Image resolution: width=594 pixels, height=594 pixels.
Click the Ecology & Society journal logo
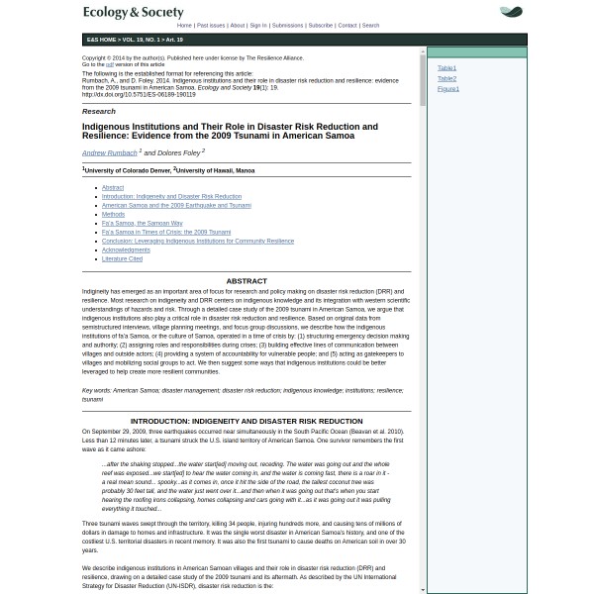click(x=133, y=13)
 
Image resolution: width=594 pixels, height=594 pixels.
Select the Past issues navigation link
click(x=210, y=26)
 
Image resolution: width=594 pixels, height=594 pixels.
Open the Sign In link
click(x=258, y=26)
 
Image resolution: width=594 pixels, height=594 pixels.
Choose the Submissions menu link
click(x=287, y=26)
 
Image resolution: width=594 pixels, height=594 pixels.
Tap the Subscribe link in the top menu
click(x=320, y=26)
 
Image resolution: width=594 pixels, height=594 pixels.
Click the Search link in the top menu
click(x=370, y=26)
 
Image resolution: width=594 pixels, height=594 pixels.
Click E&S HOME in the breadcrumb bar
click(x=101, y=40)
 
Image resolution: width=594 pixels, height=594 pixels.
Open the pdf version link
click(x=110, y=64)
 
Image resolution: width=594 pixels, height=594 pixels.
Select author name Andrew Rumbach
click(x=109, y=153)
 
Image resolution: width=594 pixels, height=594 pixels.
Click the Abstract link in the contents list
click(x=112, y=187)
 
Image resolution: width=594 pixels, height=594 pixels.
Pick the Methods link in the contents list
click(x=113, y=214)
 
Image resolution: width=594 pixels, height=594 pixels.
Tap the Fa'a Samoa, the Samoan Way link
click(x=142, y=223)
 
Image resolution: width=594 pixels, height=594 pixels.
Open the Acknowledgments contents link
click(x=126, y=249)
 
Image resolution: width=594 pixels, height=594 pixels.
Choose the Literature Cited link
click(x=122, y=258)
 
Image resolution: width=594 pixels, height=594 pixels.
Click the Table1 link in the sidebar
click(x=446, y=68)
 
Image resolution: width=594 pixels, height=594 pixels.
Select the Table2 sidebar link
click(x=446, y=78)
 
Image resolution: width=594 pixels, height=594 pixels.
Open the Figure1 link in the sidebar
click(x=447, y=88)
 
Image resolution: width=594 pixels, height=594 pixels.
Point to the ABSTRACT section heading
click(x=246, y=281)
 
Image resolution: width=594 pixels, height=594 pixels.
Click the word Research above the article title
click(x=98, y=112)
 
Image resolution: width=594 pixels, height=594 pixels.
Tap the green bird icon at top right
click(x=511, y=13)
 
